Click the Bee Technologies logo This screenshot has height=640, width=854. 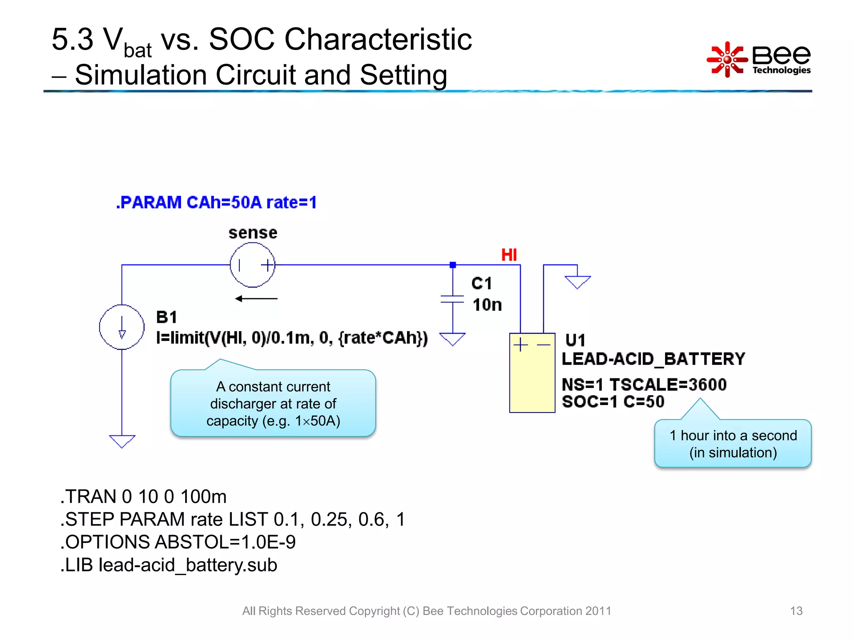pyautogui.click(x=759, y=60)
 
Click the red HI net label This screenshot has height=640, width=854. pyautogui.click(x=509, y=255)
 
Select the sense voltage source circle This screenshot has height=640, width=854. pyautogui.click(x=253, y=265)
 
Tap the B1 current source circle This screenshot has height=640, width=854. pyautogui.click(x=122, y=327)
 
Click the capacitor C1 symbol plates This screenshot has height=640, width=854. pyautogui.click(x=452, y=299)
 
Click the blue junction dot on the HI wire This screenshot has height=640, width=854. pyautogui.click(x=453, y=265)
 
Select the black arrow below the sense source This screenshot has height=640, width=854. pyautogui.click(x=256, y=299)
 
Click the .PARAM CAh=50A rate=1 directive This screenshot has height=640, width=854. pyautogui.click(x=216, y=202)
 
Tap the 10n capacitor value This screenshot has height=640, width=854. pyautogui.click(x=487, y=305)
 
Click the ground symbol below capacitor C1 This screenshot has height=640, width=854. pyautogui.click(x=452, y=339)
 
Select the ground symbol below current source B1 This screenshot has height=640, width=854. pyautogui.click(x=122, y=441)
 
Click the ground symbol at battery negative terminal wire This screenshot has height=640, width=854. pyautogui.click(x=578, y=282)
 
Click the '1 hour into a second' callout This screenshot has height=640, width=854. pyautogui.click(x=733, y=444)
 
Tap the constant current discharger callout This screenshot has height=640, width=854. pyautogui.click(x=273, y=403)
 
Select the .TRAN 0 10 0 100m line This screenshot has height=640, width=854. pyautogui.click(x=143, y=497)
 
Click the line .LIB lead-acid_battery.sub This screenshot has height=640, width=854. pyautogui.click(x=169, y=565)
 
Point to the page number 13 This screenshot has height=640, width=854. pyautogui.click(x=796, y=611)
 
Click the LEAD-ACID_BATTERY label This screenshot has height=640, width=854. pyautogui.click(x=653, y=359)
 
